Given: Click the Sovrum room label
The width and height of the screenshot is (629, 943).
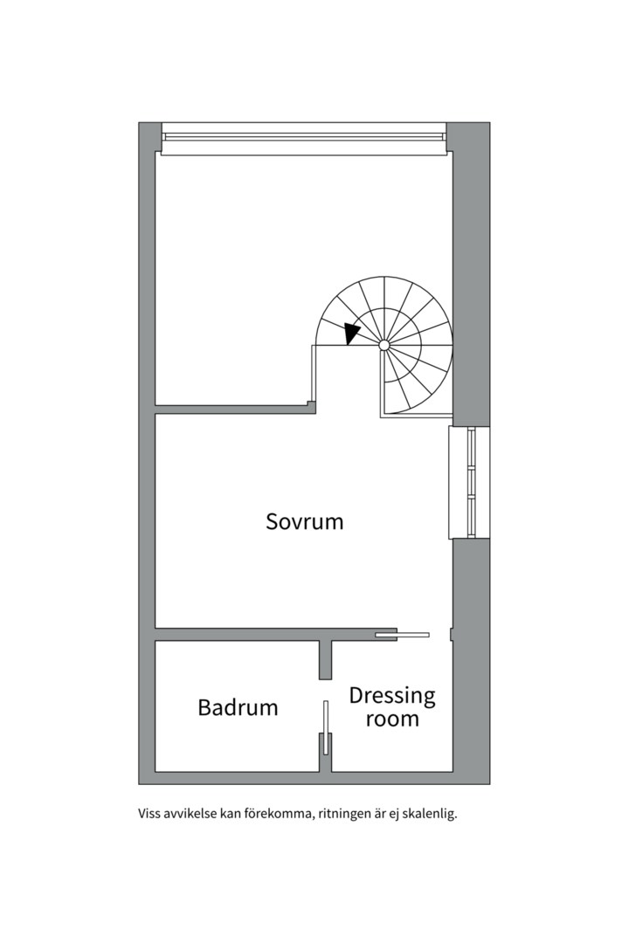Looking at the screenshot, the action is (305, 520).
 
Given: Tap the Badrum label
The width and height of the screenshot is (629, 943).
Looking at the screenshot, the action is (238, 707).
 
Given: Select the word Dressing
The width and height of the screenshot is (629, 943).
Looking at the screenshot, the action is (392, 696).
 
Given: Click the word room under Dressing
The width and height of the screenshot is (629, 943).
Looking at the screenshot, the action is (392, 719).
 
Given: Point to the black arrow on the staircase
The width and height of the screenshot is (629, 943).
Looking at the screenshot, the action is (352, 333).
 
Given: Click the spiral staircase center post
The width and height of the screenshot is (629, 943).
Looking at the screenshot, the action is (384, 345).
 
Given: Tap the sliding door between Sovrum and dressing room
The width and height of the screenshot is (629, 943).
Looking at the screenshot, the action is (402, 635).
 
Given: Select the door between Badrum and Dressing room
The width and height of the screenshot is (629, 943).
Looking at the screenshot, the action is (326, 727).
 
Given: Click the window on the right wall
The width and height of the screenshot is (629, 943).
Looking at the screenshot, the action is (469, 482).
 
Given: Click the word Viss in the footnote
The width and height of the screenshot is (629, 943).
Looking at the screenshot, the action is (149, 815).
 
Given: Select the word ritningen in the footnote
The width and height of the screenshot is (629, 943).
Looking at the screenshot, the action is (342, 816).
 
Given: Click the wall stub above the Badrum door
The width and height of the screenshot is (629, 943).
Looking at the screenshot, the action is (325, 660).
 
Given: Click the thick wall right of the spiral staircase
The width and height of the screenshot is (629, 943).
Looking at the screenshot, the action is (471, 274).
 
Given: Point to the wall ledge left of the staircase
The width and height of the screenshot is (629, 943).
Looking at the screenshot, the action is (235, 410).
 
